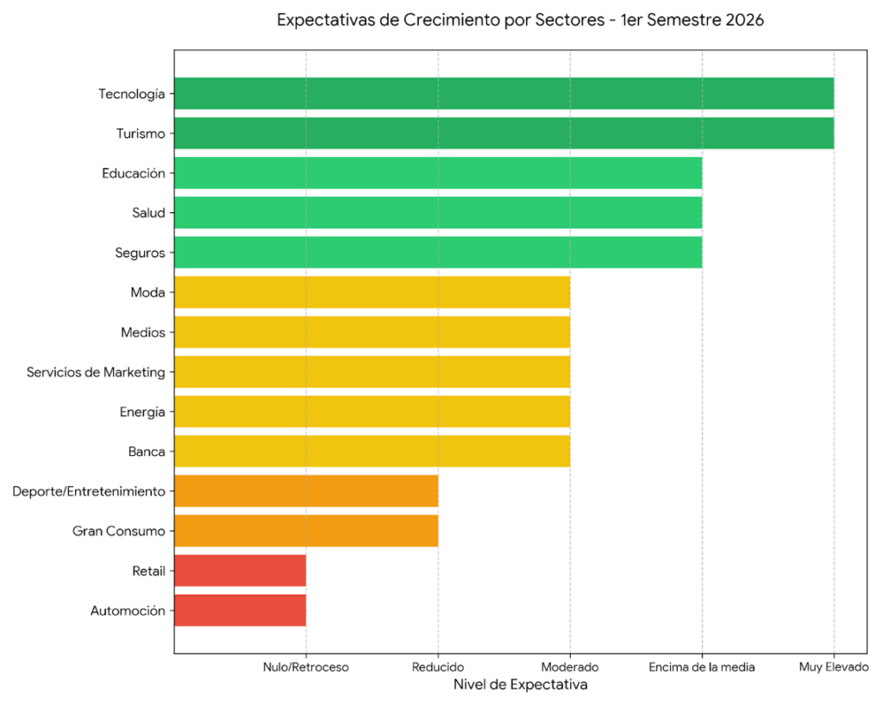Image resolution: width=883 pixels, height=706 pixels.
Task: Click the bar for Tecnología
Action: pyautogui.click(x=504, y=94)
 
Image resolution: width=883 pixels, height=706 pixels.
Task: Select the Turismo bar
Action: pyautogui.click(x=504, y=134)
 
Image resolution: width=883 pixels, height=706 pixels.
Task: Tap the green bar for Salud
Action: pyautogui.click(x=438, y=213)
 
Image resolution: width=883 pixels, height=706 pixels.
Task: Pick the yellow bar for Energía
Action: pyautogui.click(x=372, y=411)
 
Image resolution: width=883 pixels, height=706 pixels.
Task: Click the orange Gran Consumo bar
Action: pyautogui.click(x=306, y=531)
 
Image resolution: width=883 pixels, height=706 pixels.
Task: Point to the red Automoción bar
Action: pyautogui.click(x=240, y=610)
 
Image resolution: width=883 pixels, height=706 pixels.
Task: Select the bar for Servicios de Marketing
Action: pyautogui.click(x=372, y=372)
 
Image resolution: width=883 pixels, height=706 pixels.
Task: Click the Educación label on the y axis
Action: pyautogui.click(x=133, y=173)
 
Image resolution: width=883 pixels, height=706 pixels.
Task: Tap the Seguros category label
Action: pyautogui.click(x=140, y=253)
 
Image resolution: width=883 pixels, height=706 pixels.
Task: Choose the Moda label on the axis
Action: pyautogui.click(x=147, y=292)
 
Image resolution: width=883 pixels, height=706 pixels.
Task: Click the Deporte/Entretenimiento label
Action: pyautogui.click(x=88, y=491)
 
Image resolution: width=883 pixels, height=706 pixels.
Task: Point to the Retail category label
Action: pyautogui.click(x=148, y=571)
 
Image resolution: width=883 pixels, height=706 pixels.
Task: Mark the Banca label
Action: pyautogui.click(x=146, y=451)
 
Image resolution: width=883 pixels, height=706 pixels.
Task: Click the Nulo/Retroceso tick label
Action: pyautogui.click(x=305, y=667)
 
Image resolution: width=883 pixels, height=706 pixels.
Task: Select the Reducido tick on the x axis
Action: pyautogui.click(x=438, y=667)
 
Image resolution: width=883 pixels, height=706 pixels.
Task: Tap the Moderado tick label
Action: pyautogui.click(x=570, y=667)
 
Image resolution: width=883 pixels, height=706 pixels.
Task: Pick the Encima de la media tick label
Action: pyautogui.click(x=702, y=667)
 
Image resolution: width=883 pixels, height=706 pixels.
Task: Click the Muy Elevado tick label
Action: pyautogui.click(x=834, y=667)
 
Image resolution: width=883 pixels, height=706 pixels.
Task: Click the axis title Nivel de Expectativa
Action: pyautogui.click(x=520, y=685)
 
